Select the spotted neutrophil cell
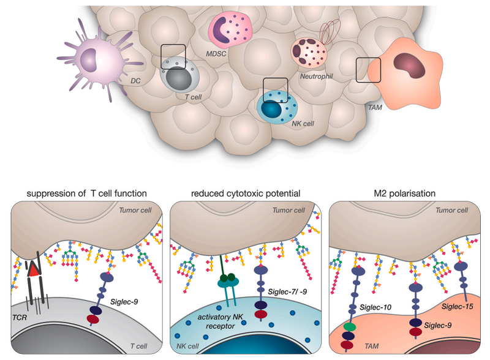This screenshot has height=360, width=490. pos(309,52)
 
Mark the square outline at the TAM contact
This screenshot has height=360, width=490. pos(368,70)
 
